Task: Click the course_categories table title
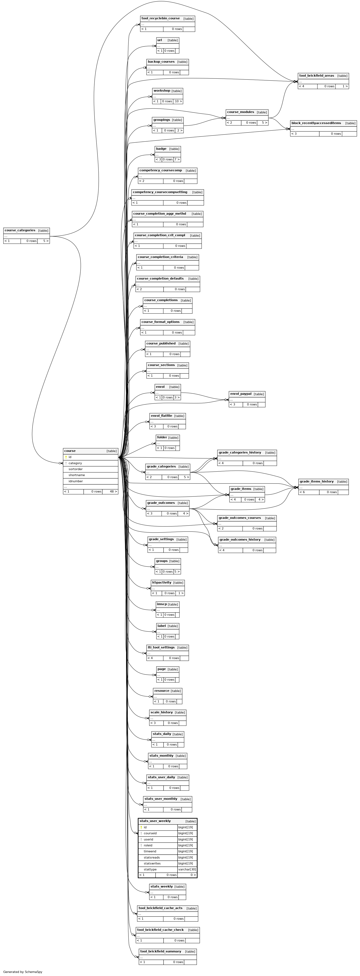point(20,230)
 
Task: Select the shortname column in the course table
point(77,475)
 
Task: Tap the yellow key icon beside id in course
point(66,457)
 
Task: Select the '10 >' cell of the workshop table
point(178,101)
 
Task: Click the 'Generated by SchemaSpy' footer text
point(23,972)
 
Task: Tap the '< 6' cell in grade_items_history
point(302,492)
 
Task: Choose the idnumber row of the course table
point(76,481)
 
